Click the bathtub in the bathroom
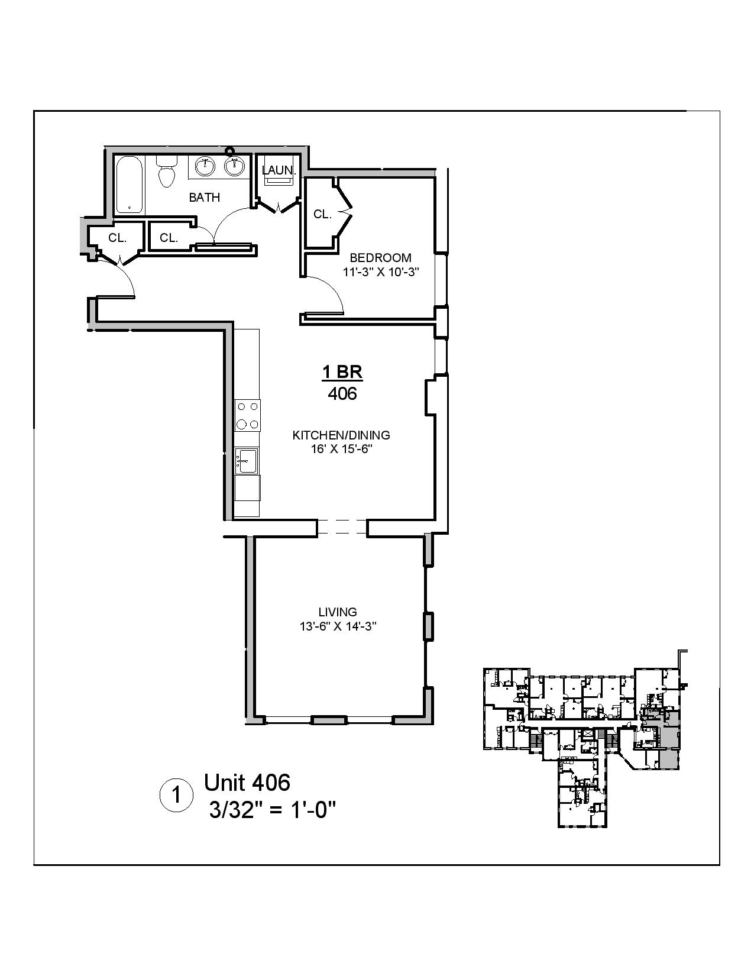point(129,184)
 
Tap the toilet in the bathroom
point(166,172)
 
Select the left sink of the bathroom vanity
point(205,166)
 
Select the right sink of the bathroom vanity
point(235,166)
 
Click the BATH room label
point(205,198)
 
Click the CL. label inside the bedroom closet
point(322,215)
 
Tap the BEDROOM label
point(380,258)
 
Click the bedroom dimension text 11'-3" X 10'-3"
point(380,272)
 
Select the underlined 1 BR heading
point(342,372)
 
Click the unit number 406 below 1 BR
point(342,393)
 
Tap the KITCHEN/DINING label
point(341,435)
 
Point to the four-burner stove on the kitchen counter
point(247,415)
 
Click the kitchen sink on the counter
point(246,460)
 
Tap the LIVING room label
point(338,612)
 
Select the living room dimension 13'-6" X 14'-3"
point(338,626)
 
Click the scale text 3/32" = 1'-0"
point(273,808)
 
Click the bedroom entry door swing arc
point(331,290)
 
